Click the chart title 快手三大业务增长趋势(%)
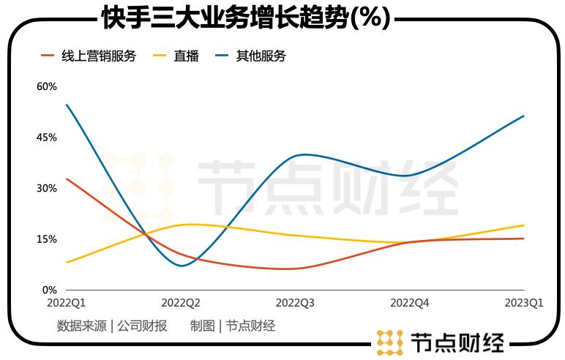(x=245, y=18)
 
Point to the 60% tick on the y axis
(x=47, y=86)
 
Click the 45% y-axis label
(x=47, y=138)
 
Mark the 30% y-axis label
(x=47, y=188)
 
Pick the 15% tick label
(x=47, y=239)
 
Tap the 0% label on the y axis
(x=50, y=290)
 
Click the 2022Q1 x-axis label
(x=66, y=302)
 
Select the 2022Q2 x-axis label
(x=181, y=302)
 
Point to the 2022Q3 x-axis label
(x=295, y=302)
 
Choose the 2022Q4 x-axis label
(x=410, y=302)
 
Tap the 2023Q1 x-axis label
(x=524, y=302)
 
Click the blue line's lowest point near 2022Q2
(x=182, y=266)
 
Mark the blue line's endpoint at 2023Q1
(x=524, y=116)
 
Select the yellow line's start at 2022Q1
(x=67, y=263)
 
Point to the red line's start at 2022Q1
(x=67, y=179)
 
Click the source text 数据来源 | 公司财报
(x=112, y=326)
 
